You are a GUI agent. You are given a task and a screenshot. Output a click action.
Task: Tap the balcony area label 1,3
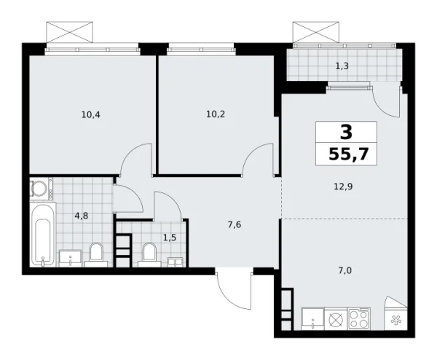point(341,66)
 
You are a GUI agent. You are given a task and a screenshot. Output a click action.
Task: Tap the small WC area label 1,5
point(169,238)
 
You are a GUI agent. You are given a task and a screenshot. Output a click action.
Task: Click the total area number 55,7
point(346,154)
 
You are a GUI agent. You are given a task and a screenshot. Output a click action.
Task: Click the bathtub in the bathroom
point(44,235)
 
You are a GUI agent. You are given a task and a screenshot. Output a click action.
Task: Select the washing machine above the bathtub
point(39,189)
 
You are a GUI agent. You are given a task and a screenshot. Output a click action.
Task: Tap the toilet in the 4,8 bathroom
point(95,254)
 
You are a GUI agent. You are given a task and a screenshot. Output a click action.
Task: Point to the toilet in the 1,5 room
point(150,253)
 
